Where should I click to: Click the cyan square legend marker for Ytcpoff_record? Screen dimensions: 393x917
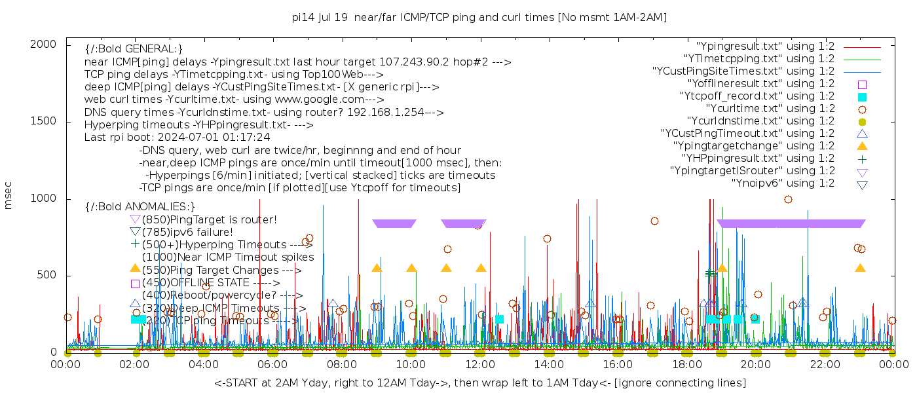pyautogui.click(x=862, y=96)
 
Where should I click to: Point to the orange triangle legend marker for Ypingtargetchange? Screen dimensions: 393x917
pyautogui.click(x=862, y=146)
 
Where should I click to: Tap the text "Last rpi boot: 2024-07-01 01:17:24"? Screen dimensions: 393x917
pyautogui.click(x=177, y=138)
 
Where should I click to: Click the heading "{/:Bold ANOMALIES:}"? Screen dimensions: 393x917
pyautogui.click(x=140, y=206)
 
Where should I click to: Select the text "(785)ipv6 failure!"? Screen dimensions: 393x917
pyautogui.click(x=187, y=232)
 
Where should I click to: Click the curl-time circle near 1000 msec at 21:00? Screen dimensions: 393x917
pyautogui.click(x=788, y=200)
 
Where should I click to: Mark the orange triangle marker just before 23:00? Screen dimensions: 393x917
pyautogui.click(x=860, y=268)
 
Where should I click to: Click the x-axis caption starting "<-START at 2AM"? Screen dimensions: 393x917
pyautogui.click(x=479, y=383)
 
